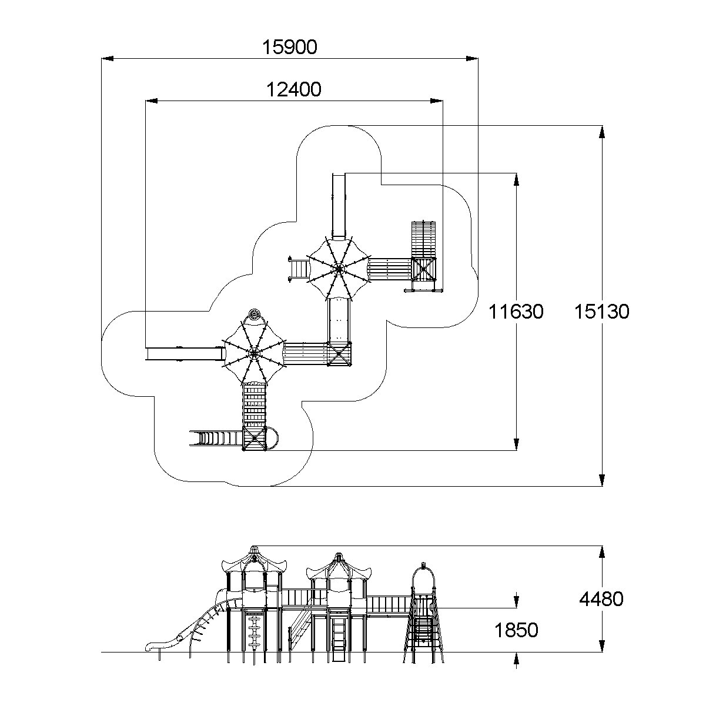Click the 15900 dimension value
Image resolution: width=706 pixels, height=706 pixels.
click(289, 47)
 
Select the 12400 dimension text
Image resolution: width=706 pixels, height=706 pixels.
click(294, 90)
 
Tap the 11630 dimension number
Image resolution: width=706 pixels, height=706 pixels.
click(516, 312)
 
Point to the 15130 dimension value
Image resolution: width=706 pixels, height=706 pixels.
click(601, 312)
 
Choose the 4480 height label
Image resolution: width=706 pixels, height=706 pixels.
click(601, 600)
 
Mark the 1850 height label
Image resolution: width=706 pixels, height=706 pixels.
click(516, 631)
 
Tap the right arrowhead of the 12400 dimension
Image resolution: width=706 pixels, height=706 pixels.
click(437, 101)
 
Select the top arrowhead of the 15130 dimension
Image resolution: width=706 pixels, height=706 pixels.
click(601, 132)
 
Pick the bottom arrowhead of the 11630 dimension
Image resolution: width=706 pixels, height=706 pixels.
click(516, 444)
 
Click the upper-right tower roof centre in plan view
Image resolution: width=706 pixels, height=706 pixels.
click(339, 269)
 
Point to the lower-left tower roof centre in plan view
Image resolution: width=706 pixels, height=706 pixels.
click(253, 353)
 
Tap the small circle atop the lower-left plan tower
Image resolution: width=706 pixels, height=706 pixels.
click(254, 314)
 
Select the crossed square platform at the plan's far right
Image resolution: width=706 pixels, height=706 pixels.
click(424, 270)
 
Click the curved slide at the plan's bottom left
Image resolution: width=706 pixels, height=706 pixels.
click(215, 438)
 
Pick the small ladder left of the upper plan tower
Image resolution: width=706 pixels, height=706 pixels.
click(298, 269)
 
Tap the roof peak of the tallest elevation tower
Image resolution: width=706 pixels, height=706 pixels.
click(254, 548)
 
